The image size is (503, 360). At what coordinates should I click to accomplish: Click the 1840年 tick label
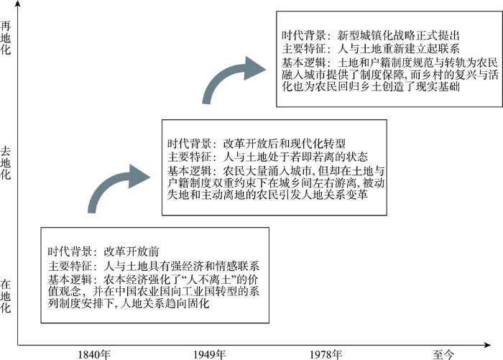tap(94, 354)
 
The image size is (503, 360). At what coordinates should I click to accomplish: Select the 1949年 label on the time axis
tap(210, 354)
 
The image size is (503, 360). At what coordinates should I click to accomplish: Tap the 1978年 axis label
tap(326, 354)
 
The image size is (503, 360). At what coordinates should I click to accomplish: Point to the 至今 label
tap(443, 354)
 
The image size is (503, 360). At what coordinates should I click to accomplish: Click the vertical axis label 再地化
tap(6, 38)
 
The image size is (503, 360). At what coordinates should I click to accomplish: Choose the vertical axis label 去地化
tap(6, 162)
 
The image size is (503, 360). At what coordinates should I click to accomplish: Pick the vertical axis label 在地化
tap(6, 296)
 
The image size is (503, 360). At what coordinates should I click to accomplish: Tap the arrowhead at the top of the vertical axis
tap(18, 3)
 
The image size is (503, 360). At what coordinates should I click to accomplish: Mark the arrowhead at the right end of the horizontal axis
tap(487, 345)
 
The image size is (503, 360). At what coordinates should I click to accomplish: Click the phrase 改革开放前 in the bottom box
tap(131, 251)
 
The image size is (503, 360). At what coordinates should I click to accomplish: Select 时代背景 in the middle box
tap(189, 143)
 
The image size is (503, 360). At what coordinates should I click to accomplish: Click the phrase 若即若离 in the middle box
tap(311, 157)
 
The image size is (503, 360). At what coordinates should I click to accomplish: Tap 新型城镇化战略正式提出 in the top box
tap(398, 35)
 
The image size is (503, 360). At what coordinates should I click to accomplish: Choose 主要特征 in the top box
tap(304, 48)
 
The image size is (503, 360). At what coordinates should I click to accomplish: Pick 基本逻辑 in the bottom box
tap(70, 280)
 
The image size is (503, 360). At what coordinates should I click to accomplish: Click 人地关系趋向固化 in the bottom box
tap(165, 303)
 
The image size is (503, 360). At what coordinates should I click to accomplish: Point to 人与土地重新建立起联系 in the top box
tap(398, 48)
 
